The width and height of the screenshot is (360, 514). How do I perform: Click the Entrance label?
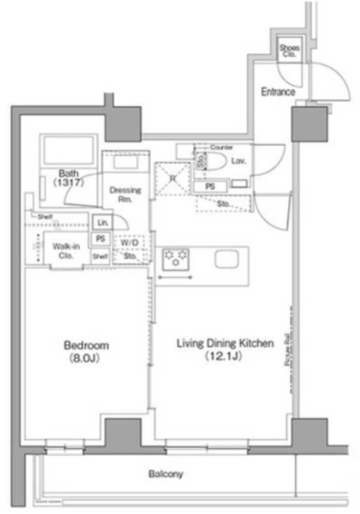(279, 92)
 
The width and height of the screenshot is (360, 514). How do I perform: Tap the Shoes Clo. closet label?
(288, 53)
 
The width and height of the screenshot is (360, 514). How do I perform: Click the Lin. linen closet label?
(102, 222)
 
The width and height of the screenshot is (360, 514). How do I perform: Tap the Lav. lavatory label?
(239, 161)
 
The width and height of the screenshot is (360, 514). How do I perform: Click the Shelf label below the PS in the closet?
(100, 256)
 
